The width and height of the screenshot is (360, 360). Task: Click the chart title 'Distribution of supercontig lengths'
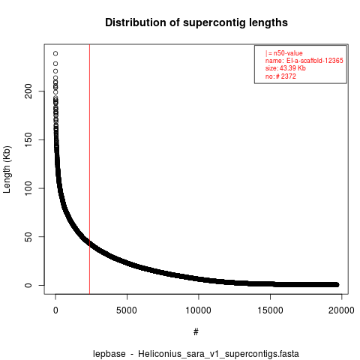point(196,22)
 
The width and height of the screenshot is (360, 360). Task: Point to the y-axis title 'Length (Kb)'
point(7,169)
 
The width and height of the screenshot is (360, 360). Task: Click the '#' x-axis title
point(196,332)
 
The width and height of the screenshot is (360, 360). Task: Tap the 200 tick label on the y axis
point(28,91)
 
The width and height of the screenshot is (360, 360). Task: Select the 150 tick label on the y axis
point(28,139)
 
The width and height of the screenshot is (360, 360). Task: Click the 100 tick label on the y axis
point(28,188)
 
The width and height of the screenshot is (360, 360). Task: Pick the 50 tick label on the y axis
point(28,237)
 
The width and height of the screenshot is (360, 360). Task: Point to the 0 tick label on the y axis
point(28,285)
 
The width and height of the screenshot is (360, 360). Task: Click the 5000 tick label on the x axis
point(127,310)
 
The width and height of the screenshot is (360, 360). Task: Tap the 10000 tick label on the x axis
point(198,310)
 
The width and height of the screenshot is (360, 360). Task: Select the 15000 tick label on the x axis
point(270,310)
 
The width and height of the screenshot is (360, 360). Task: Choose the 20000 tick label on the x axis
point(341,310)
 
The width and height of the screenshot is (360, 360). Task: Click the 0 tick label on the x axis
point(55,310)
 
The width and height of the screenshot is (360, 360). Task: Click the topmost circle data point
point(55,53)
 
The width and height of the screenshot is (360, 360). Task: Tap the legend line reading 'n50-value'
point(284,53)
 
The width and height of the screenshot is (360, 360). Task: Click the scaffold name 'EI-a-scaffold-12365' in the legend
point(315,61)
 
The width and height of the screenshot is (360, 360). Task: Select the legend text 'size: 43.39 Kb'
point(286,68)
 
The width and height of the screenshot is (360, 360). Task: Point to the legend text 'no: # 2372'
point(280,76)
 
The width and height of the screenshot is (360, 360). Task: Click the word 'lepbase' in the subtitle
point(109,354)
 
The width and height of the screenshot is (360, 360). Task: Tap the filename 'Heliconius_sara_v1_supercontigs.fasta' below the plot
point(218,354)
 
